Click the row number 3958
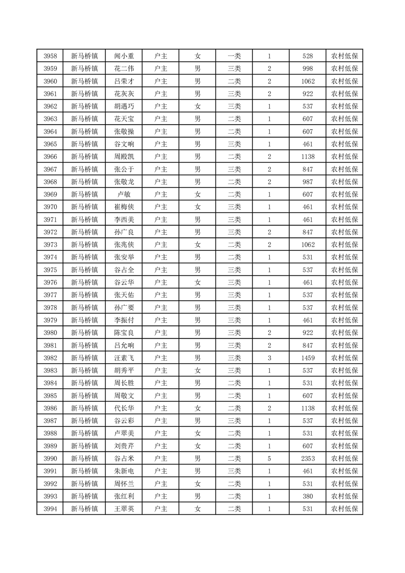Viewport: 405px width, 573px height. (50, 56)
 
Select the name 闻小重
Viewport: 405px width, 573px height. (124, 56)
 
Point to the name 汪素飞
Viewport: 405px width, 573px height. (124, 358)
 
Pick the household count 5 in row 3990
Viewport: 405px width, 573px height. (269, 459)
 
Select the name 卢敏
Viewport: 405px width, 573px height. (124, 195)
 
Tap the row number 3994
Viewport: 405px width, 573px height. (50, 509)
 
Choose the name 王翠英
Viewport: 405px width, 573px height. (124, 509)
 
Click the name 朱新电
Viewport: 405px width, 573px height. (124, 471)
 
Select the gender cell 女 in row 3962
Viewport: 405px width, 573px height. (197, 106)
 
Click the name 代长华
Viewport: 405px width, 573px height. (124, 408)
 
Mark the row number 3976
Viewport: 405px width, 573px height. (50, 282)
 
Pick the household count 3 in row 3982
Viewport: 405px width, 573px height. (269, 358)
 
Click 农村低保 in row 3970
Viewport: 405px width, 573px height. (344, 207)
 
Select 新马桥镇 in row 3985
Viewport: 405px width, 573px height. (84, 396)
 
